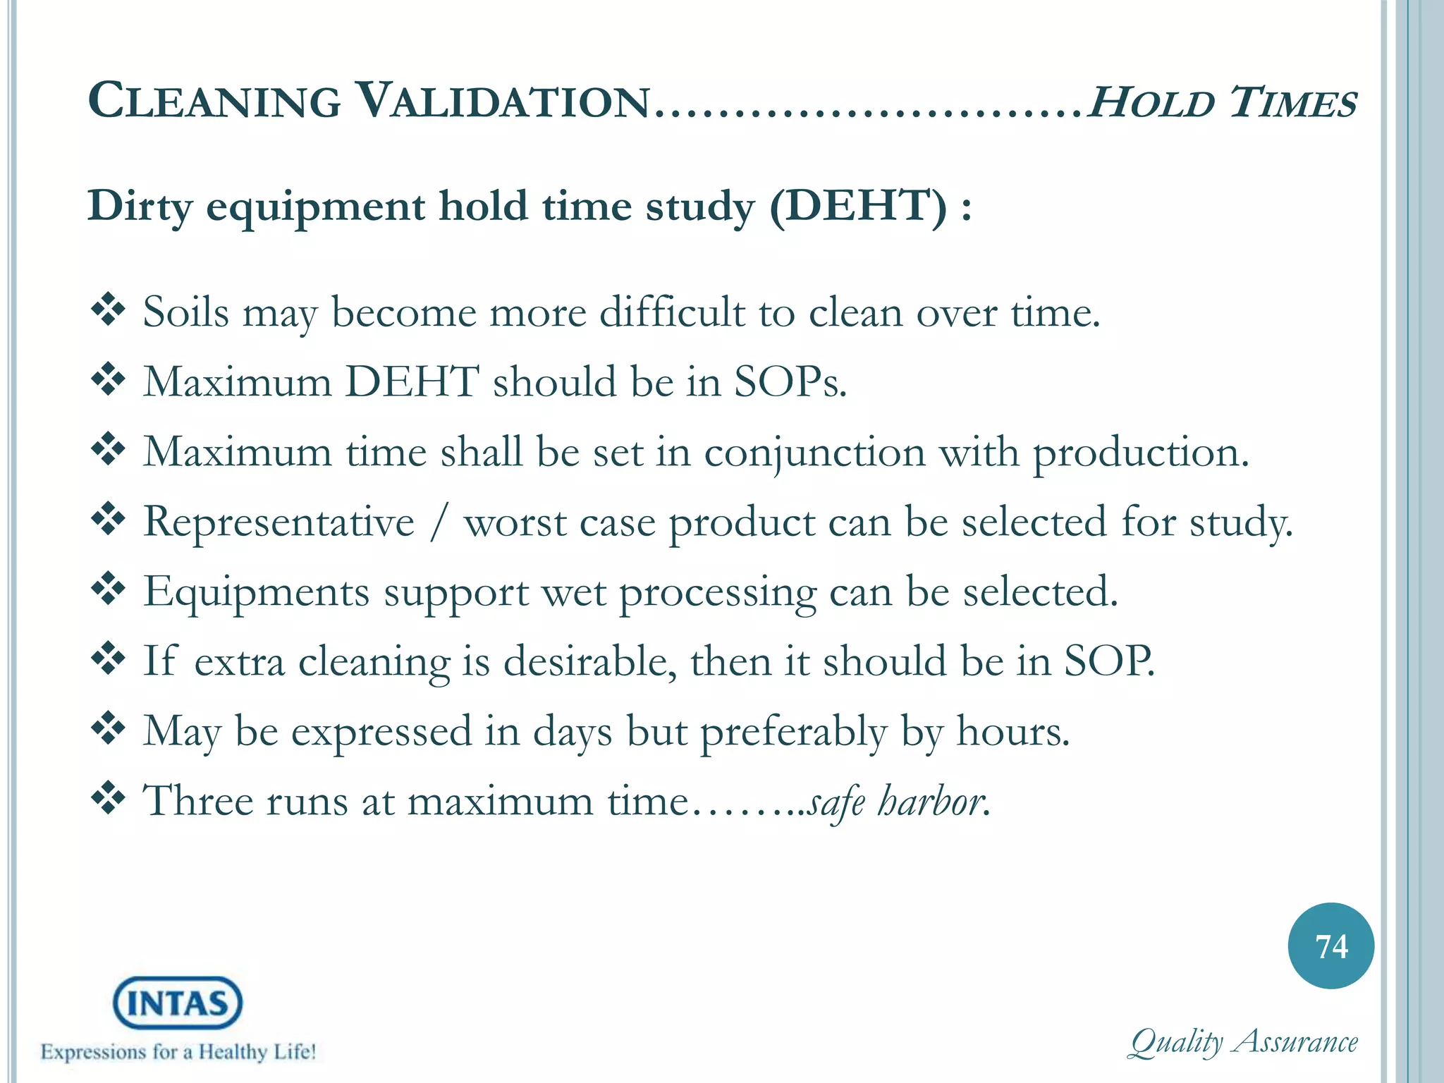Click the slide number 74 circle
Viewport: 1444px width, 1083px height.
tap(1330, 946)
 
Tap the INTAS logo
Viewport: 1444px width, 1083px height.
tap(178, 1002)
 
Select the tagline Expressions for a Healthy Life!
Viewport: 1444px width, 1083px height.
tap(178, 1052)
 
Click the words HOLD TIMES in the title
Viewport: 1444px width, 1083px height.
tap(1222, 102)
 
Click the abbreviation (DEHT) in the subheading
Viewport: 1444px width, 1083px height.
tap(858, 207)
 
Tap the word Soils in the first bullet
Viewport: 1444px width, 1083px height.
tap(185, 312)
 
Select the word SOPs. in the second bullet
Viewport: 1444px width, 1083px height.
tap(790, 381)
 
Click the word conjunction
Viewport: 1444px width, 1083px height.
tap(814, 452)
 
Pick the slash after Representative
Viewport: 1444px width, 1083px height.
tap(439, 522)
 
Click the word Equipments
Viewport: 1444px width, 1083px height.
tap(257, 592)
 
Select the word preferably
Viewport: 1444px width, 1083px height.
tap(793, 732)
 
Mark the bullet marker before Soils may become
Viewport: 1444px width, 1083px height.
tap(108, 310)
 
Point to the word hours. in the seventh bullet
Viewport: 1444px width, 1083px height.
tap(1012, 730)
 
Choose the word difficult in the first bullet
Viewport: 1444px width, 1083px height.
tap(672, 312)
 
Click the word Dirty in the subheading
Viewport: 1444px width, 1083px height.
tap(140, 207)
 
